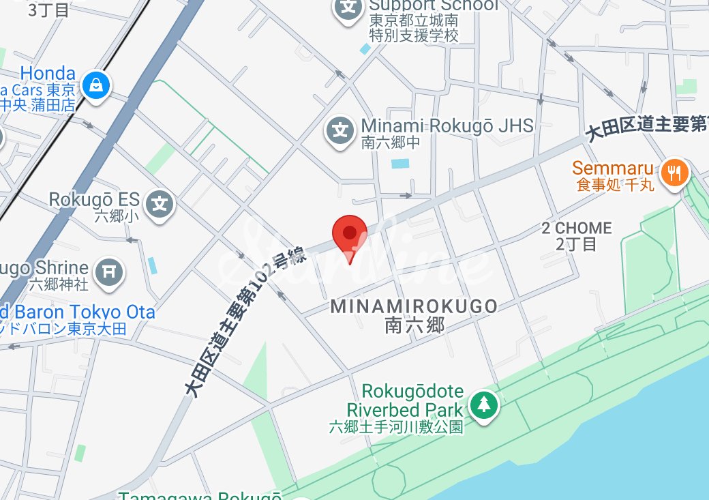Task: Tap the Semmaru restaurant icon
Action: [x=674, y=173]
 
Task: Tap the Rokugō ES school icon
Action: [x=160, y=204]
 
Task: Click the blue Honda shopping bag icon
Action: [x=97, y=85]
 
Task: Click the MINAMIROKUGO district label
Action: [x=414, y=307]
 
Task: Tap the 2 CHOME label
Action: [x=576, y=228]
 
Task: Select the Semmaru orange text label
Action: [x=613, y=168]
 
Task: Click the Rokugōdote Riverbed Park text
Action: [x=405, y=401]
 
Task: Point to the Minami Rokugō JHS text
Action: [x=447, y=126]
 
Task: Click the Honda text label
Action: [x=48, y=73]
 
